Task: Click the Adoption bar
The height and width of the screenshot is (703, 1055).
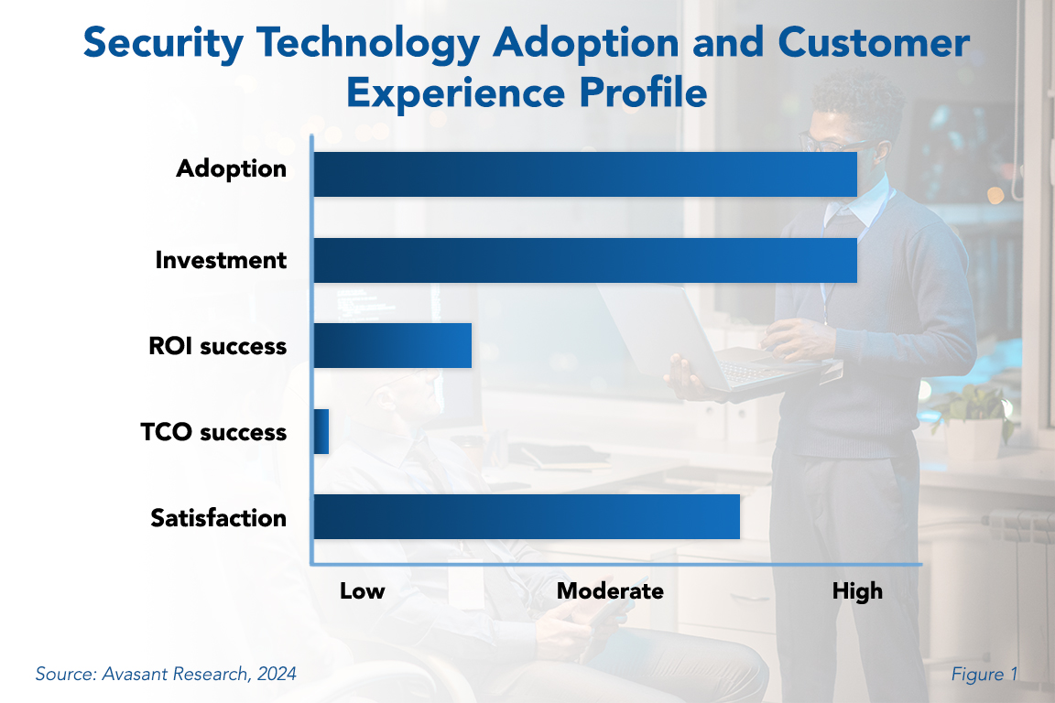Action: pos(585,174)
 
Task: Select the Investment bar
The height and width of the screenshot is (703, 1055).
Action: pos(585,260)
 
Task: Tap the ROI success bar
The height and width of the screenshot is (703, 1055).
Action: pos(392,346)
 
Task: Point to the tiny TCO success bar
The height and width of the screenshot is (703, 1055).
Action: pos(321,432)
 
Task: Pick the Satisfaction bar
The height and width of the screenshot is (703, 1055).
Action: pos(527,517)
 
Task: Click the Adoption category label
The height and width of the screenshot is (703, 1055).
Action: pos(232,169)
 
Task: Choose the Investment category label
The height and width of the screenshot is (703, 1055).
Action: pos(221,260)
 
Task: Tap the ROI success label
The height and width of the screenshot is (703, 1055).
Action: pos(217,346)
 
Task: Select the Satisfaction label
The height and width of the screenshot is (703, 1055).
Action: pos(219,518)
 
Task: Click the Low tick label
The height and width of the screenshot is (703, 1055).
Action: pos(363,591)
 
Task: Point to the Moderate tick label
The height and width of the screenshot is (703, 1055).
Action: pos(610,591)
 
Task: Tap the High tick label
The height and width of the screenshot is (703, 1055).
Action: pos(857,591)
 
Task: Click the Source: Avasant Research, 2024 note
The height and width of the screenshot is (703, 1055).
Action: pos(166,675)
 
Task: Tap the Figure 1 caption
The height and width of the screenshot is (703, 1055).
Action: pos(984,675)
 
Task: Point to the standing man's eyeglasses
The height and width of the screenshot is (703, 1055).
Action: pos(829,142)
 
